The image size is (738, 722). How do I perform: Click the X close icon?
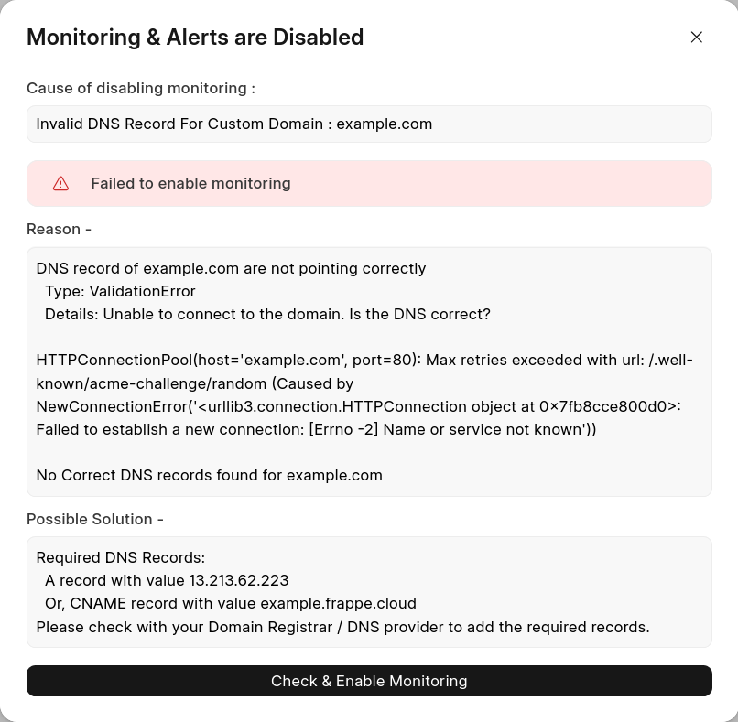(x=697, y=38)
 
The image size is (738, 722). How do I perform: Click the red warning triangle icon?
(x=61, y=184)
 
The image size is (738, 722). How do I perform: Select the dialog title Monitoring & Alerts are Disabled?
(x=195, y=38)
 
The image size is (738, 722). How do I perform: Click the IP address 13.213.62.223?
(x=238, y=581)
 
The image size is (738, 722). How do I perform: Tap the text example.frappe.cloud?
(x=338, y=604)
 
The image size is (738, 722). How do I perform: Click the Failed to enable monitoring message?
(x=190, y=184)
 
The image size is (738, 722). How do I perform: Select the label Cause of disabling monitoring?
(x=140, y=89)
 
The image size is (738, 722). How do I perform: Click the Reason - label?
(x=59, y=230)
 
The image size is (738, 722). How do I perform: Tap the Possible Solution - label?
(x=95, y=520)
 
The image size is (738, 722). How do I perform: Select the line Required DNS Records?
(x=121, y=558)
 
